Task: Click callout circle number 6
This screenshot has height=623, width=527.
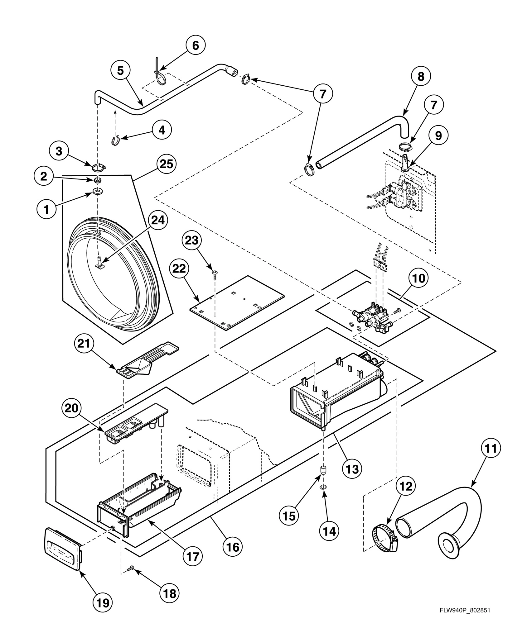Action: pyautogui.click(x=195, y=45)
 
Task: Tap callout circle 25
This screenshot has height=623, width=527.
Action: pyautogui.click(x=166, y=164)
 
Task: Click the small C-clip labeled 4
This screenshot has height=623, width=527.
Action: pyautogui.click(x=116, y=141)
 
